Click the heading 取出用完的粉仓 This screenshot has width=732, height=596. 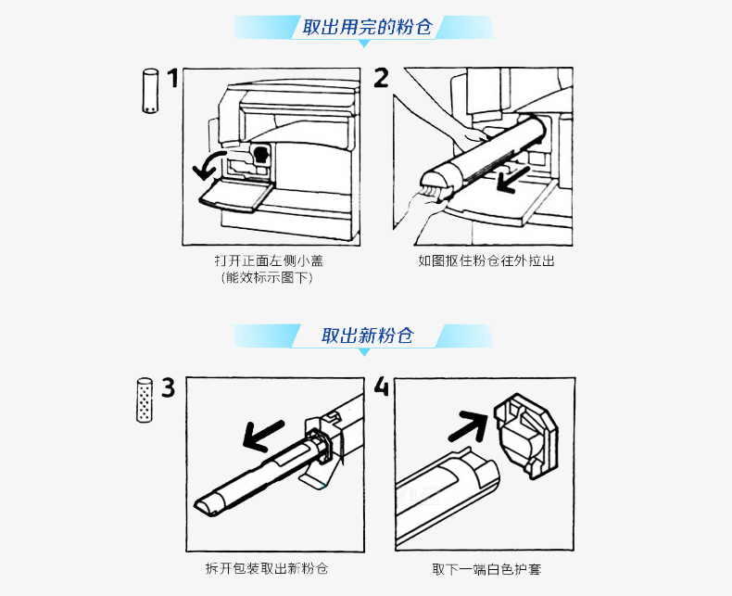(x=367, y=27)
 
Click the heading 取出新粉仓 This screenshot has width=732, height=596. (x=367, y=336)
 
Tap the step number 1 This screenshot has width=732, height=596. (x=172, y=80)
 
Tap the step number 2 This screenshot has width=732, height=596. (x=381, y=78)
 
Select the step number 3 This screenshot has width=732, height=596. (x=168, y=387)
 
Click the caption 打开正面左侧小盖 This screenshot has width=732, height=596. (x=269, y=261)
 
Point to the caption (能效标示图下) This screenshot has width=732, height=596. (x=269, y=277)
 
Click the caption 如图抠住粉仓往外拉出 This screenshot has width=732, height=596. (x=486, y=261)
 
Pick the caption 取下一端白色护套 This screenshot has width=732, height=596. (x=486, y=568)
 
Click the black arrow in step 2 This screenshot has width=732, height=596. (x=515, y=180)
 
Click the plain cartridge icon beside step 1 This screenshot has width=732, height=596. (x=147, y=90)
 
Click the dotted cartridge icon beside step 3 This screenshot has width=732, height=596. (x=145, y=399)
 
